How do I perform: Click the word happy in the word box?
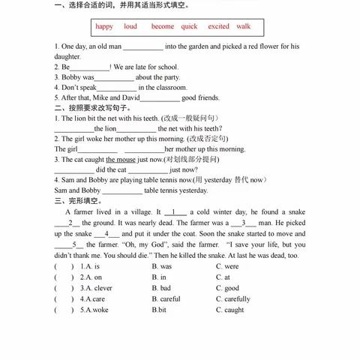104,26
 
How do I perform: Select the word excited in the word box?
219,26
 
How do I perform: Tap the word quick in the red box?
190,26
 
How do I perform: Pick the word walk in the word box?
244,26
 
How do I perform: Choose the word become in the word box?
163,26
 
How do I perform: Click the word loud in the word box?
130,26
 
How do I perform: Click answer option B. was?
162,266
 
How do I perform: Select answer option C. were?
227,266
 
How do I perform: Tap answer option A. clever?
96,288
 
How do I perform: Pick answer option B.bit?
159,310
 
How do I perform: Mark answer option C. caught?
229,310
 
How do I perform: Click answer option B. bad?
161,288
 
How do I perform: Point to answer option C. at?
223,277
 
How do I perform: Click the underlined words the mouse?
121,160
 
